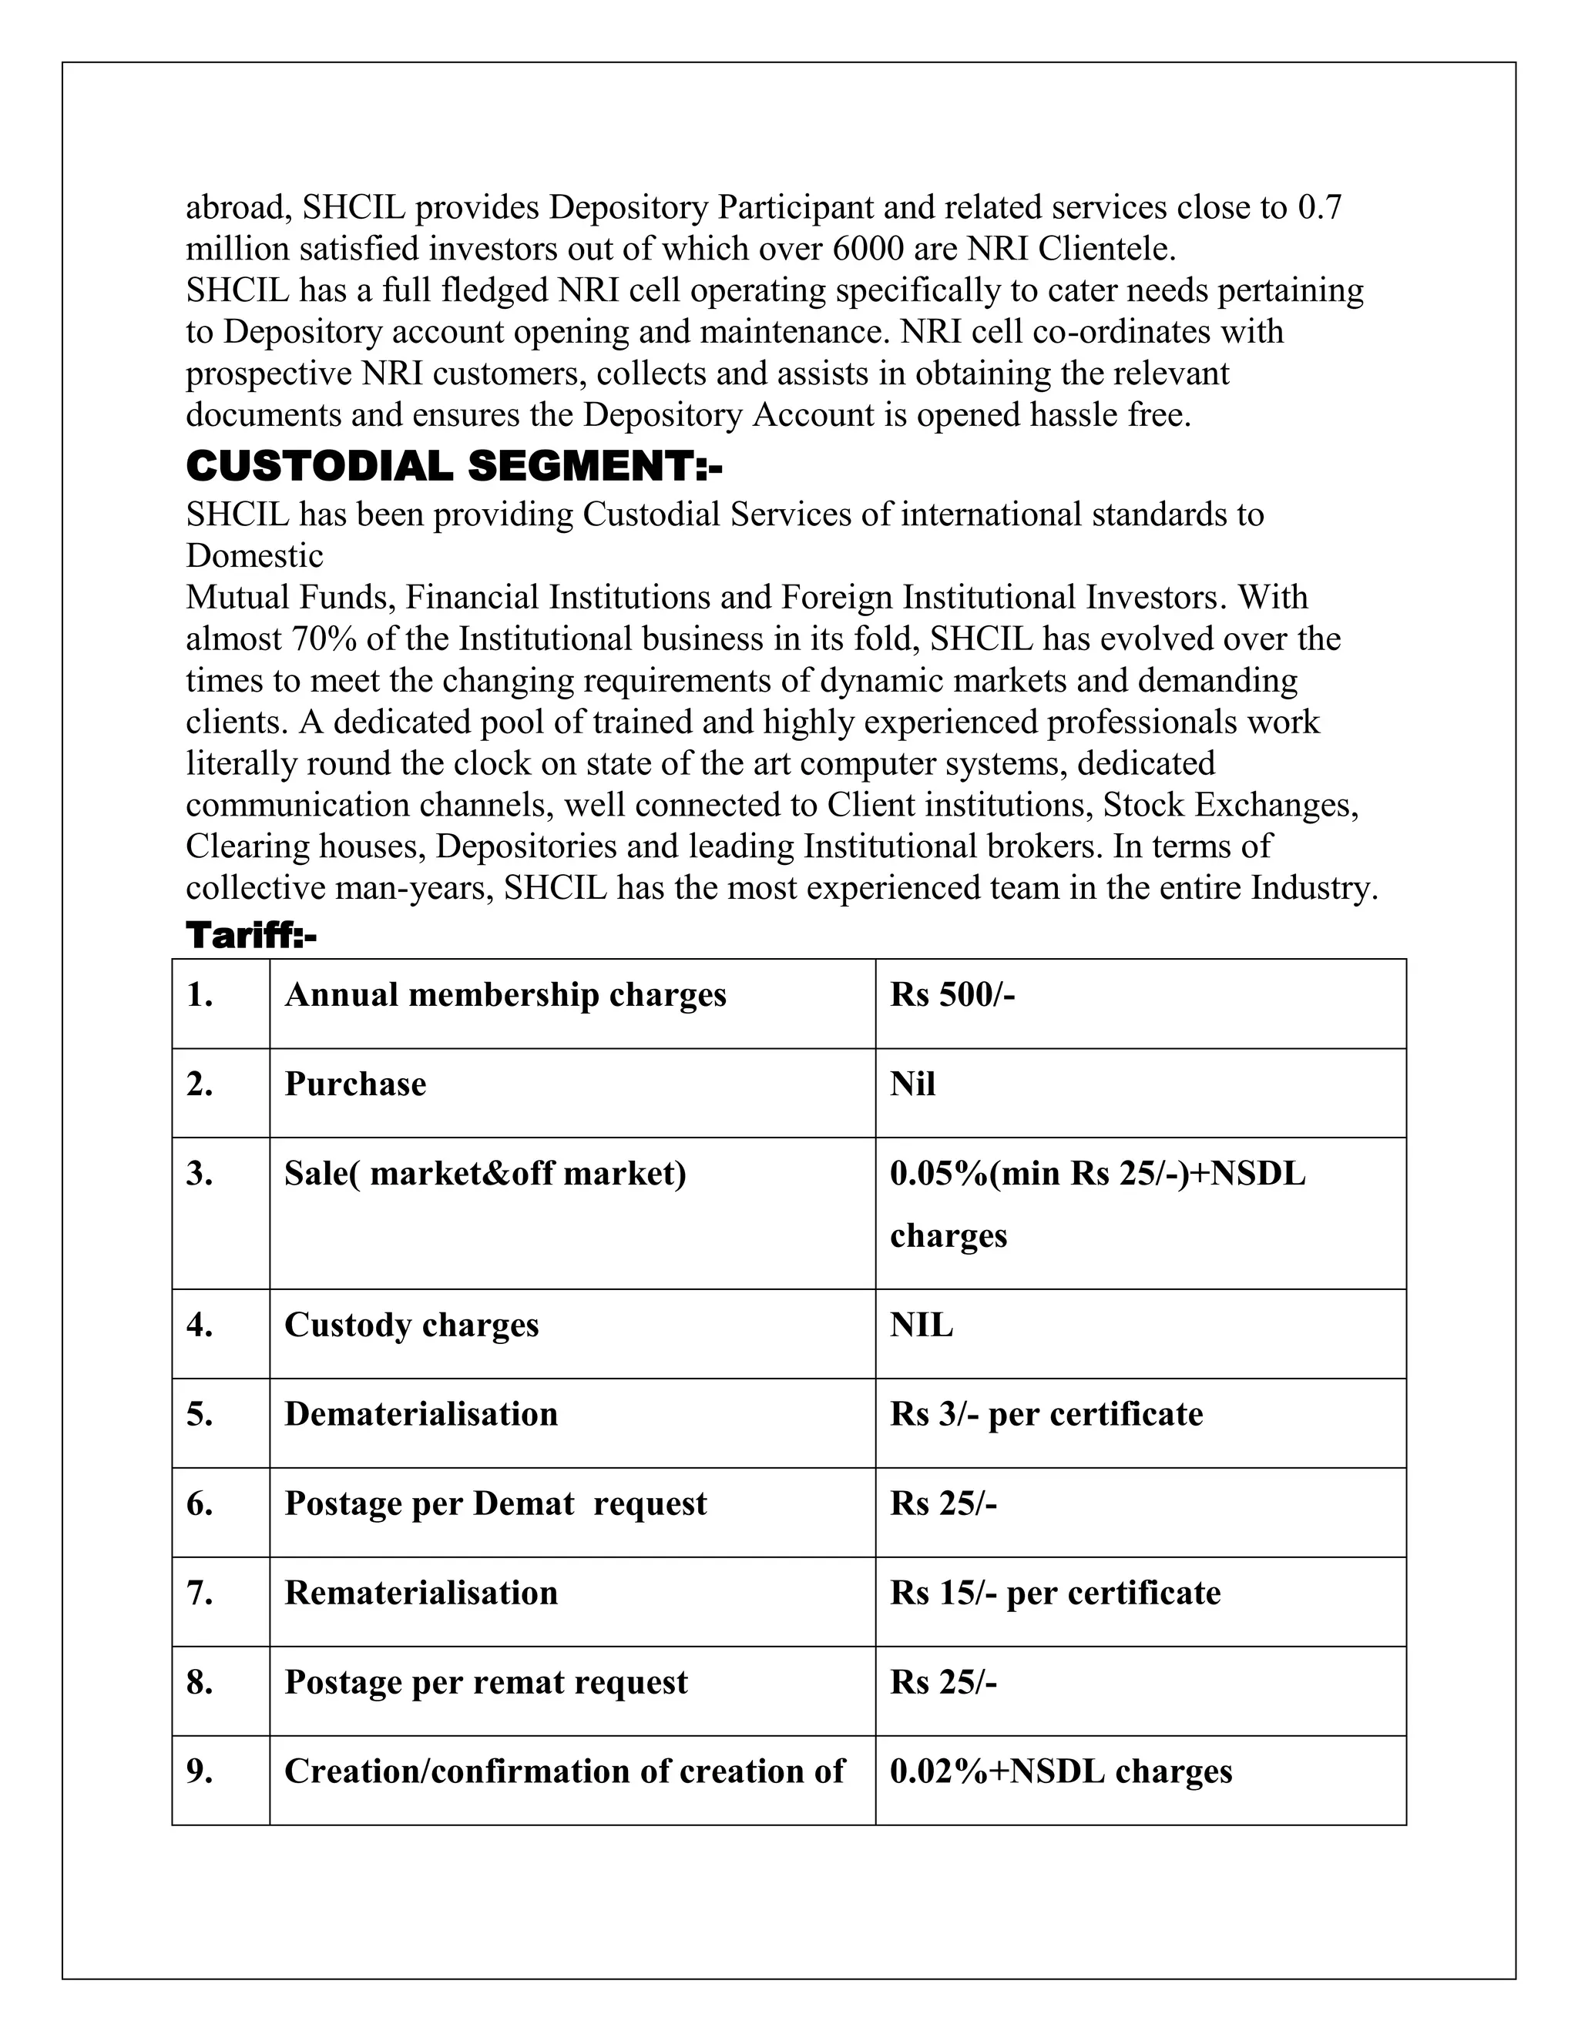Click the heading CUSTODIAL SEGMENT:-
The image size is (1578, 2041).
tap(455, 466)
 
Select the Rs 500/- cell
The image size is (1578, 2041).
tap(952, 995)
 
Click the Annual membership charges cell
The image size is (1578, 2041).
tap(505, 995)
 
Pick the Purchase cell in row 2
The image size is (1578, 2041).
tap(355, 1084)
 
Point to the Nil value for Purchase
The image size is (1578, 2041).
tap(912, 1084)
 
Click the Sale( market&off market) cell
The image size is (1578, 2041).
tap(485, 1173)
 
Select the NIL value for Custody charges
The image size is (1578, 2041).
tap(921, 1325)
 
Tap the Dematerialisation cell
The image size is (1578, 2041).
tap(421, 1414)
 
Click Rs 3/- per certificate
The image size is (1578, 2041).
tap(1046, 1414)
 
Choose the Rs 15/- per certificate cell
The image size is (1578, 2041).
tap(1055, 1593)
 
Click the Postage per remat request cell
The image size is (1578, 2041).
tap(485, 1682)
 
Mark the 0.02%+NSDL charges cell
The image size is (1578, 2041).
tap(1060, 1771)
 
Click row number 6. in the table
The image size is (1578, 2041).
tap(200, 1503)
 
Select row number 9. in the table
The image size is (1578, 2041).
tap(200, 1771)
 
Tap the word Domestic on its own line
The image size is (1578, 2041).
tap(254, 556)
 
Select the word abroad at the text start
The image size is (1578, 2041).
tap(238, 207)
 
